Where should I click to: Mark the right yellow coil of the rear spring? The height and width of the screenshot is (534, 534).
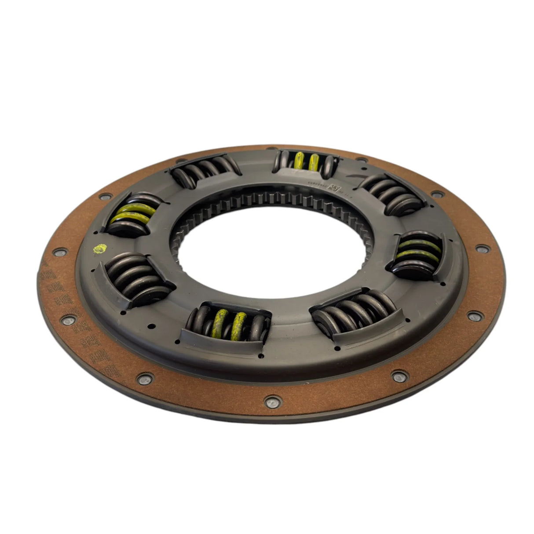pos(314,163)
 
